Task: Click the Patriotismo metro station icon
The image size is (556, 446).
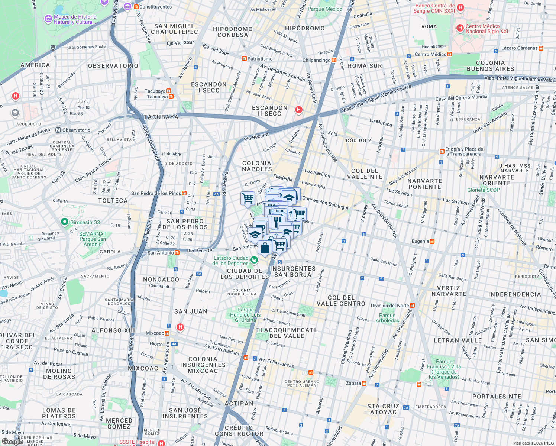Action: coord(244,59)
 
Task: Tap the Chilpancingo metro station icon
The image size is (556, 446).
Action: coord(334,60)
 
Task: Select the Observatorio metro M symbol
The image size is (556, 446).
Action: coord(58,130)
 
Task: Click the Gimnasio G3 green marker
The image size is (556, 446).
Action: coord(64,222)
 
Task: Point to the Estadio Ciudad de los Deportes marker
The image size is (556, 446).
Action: coord(254,260)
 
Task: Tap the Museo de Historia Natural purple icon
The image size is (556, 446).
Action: coord(48,19)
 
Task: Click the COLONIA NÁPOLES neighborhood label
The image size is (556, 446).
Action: coord(257,166)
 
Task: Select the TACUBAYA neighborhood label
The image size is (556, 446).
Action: coord(161,117)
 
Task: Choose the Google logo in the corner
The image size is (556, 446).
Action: coord(13,441)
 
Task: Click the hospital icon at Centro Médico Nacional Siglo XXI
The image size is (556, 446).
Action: coord(460,28)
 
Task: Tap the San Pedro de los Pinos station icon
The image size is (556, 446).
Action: coord(184,193)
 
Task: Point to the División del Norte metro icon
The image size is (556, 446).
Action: coord(412,306)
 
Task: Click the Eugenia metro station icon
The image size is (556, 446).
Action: coord(432,241)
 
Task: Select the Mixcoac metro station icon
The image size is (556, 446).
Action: coord(167,333)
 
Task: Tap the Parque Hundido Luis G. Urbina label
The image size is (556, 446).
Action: coord(245,315)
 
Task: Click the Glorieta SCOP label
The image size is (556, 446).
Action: coord(483,190)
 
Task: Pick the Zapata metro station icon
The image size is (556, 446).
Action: coord(364,383)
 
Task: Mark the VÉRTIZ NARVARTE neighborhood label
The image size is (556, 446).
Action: coord(449,291)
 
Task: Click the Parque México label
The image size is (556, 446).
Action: coord(325,9)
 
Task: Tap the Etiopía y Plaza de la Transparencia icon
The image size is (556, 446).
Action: coord(442,151)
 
